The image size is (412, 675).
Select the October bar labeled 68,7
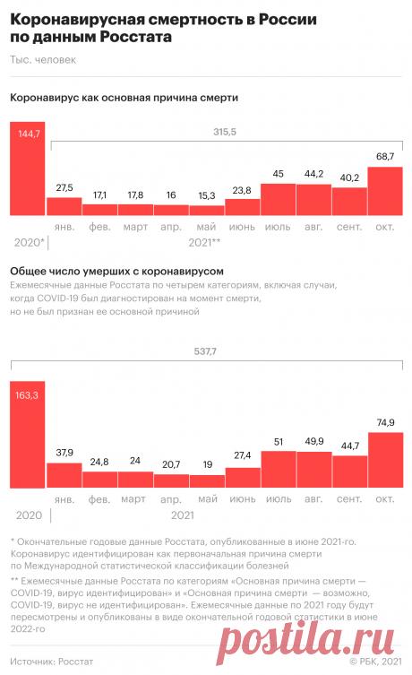[385, 190]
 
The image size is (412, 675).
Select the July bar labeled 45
[278, 199]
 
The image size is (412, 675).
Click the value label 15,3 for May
[206, 195]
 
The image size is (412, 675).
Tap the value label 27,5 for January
[64, 187]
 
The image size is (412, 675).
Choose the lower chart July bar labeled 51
[278, 468]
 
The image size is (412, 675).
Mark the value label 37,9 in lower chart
[64, 453]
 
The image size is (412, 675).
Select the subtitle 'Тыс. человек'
[43, 60]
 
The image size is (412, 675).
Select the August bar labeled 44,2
[313, 200]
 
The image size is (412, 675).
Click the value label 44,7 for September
[349, 445]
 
